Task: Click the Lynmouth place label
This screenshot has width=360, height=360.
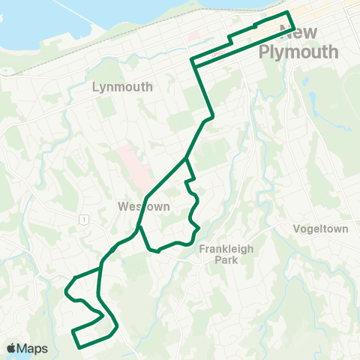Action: [122, 87]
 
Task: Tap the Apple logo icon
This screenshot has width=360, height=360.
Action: [13, 348]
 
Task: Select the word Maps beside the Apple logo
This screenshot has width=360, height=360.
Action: [34, 348]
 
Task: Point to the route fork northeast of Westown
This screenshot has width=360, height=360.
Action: [185, 159]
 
